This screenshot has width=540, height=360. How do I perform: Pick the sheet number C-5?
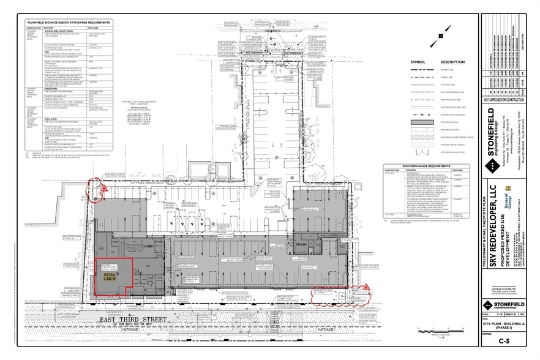504,341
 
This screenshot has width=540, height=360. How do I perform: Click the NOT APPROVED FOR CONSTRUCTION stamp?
504,99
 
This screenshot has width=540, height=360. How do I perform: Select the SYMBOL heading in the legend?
418,62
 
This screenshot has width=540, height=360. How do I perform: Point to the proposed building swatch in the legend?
418,122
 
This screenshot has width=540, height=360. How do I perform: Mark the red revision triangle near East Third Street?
366,287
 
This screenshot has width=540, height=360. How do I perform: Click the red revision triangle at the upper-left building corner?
104,190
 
